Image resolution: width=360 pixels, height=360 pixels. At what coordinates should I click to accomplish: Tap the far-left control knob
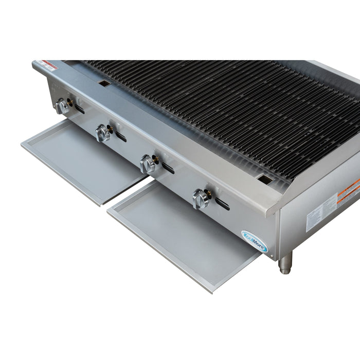tap(63, 106)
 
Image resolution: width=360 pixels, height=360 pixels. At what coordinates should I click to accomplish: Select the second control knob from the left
tap(103, 134)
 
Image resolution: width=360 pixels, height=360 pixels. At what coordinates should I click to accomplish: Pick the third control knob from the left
tap(148, 164)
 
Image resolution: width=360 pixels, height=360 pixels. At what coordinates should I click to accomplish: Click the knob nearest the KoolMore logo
tap(200, 198)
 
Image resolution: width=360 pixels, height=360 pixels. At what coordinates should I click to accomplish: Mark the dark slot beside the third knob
tap(167, 167)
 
